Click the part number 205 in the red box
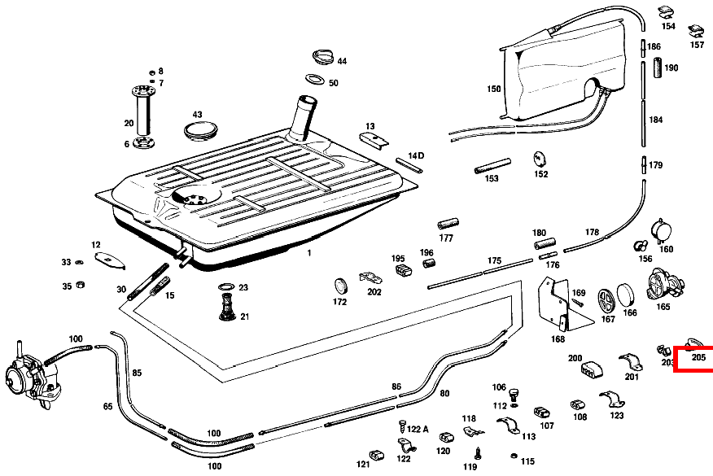[x=698, y=357]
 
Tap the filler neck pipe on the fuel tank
[x=302, y=119]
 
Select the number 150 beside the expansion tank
[x=494, y=89]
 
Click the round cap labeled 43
[x=200, y=130]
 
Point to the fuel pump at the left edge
[x=32, y=375]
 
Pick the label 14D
[x=416, y=155]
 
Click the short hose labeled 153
[x=492, y=165]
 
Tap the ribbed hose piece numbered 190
[x=658, y=68]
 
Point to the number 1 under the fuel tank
[x=309, y=253]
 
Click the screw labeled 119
[x=479, y=453]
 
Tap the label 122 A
[x=418, y=429]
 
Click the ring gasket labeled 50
[x=315, y=79]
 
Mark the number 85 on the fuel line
[x=137, y=373]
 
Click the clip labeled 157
[x=696, y=31]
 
